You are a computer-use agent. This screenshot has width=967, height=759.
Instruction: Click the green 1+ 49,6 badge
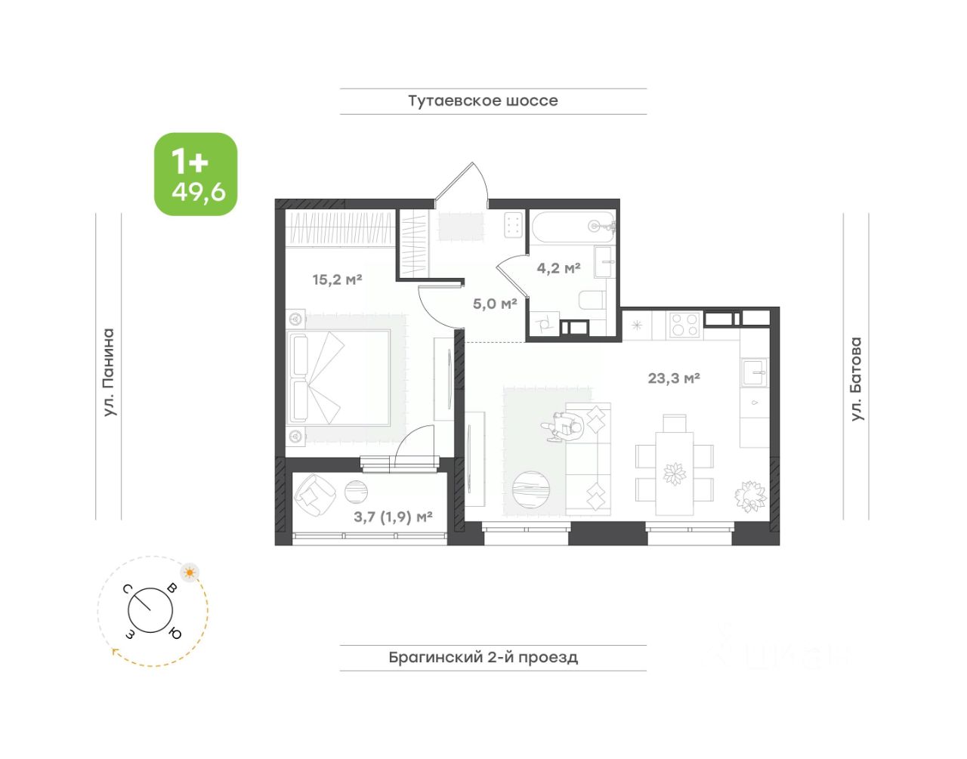point(196,174)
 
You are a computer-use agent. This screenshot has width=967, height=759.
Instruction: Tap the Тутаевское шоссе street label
point(483,101)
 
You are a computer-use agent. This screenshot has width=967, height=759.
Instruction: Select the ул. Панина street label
point(109,372)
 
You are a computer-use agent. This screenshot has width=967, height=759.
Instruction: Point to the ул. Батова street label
point(856,379)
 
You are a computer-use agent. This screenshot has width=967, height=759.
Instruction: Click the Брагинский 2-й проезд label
point(483,657)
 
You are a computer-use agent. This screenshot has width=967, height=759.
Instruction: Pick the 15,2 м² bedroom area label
point(337,279)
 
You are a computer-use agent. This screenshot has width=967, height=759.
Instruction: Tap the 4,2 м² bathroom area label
point(558,268)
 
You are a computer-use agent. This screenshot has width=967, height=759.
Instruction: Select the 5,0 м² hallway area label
point(494,304)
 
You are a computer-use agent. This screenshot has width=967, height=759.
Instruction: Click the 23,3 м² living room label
point(674,378)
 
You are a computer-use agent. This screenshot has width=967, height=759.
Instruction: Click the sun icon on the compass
point(190,572)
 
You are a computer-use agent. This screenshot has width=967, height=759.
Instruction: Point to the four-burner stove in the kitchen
point(685,325)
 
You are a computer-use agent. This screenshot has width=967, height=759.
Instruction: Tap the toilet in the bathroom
point(592,300)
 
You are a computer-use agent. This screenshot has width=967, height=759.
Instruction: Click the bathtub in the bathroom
point(573,227)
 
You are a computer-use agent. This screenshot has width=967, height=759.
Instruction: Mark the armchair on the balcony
point(316,495)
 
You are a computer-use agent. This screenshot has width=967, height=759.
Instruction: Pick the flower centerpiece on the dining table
point(675,474)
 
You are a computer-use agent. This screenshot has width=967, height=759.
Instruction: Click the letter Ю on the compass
point(175,634)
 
